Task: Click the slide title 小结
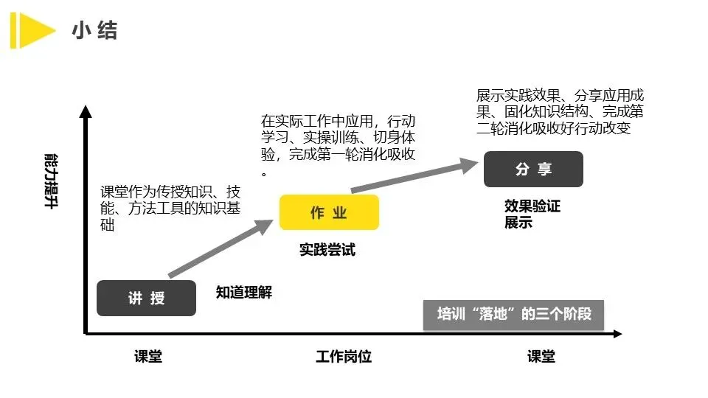click(95, 30)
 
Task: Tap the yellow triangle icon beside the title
click(32, 29)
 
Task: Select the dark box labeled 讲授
click(146, 298)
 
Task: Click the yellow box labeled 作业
click(329, 212)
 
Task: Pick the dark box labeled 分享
click(533, 169)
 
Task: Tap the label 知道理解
click(243, 293)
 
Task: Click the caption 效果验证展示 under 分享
click(532, 214)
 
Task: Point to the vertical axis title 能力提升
click(51, 181)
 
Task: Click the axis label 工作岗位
click(344, 357)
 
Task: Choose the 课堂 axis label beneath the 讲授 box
click(148, 357)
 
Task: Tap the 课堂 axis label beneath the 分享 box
click(541, 357)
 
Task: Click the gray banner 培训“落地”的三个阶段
click(514, 315)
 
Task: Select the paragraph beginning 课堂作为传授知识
click(170, 208)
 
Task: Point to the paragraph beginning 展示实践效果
click(560, 111)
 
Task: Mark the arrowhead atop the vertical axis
click(86, 112)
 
